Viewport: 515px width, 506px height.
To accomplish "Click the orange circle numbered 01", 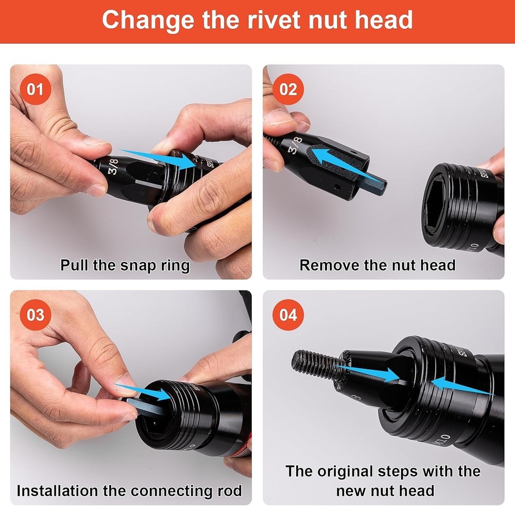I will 35,89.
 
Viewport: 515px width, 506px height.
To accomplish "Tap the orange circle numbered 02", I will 288,89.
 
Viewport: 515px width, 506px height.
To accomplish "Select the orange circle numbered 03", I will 35,315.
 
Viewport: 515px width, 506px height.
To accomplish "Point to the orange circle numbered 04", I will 288,315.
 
